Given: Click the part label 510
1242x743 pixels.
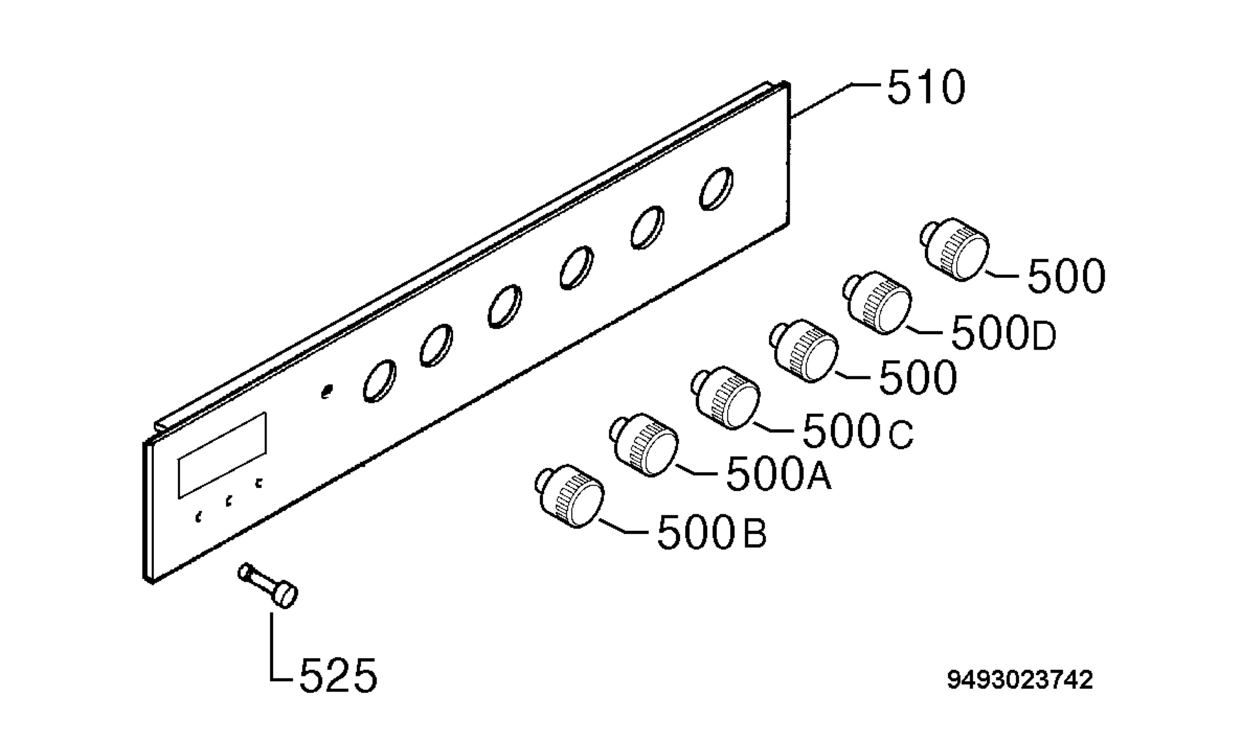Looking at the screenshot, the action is (926, 88).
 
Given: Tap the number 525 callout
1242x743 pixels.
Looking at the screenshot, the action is (338, 675).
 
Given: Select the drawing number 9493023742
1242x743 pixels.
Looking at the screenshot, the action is (1020, 679).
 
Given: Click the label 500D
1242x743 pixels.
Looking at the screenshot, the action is (1003, 333).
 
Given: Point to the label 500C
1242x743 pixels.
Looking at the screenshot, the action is (857, 430).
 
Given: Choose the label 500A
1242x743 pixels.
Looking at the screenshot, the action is (779, 473).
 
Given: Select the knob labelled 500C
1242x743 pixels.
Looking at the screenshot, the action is (726, 398).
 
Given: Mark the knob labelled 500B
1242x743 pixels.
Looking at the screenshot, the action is (570, 496).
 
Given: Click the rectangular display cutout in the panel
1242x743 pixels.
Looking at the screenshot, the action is (223, 455).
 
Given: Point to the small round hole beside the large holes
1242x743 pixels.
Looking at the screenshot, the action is (327, 392).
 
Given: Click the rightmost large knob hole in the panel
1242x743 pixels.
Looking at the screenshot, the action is (716, 189).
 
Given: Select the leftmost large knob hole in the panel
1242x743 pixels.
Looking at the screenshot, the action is (380, 381).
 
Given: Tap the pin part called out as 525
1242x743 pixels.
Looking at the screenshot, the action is (268, 586).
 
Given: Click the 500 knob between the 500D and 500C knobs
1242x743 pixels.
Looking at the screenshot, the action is (804, 351).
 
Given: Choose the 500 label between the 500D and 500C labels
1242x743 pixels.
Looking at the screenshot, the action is (918, 377).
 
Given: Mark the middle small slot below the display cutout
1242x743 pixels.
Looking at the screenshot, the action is (228, 501).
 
